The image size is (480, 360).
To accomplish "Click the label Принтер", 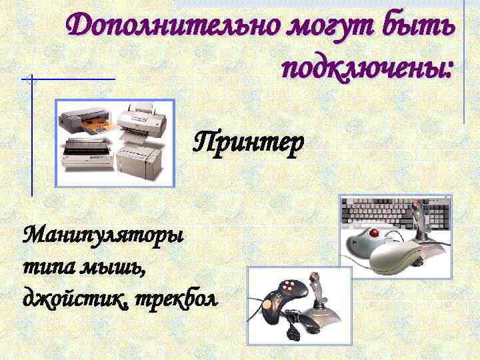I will [x=248, y=141].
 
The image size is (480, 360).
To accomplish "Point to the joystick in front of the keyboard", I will [x=421, y=227].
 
